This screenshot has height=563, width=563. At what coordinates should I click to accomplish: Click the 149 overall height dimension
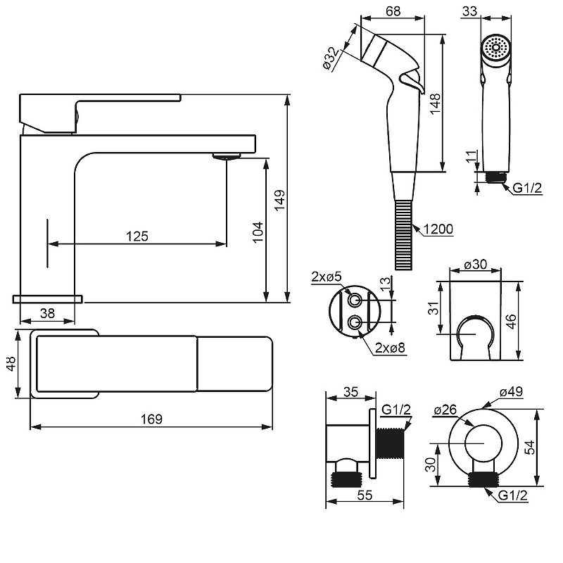pyautogui.click(x=279, y=201)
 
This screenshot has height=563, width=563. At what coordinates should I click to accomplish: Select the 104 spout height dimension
pyautogui.click(x=258, y=232)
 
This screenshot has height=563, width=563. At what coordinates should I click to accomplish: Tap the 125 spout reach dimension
pyautogui.click(x=137, y=236)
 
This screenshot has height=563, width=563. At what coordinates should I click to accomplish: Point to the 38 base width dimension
pyautogui.click(x=47, y=313)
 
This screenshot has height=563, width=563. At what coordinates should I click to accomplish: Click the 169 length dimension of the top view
pyautogui.click(x=151, y=419)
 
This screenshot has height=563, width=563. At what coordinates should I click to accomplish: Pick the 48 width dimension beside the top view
pyautogui.click(x=11, y=363)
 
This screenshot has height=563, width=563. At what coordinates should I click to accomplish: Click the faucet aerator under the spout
pyautogui.click(x=226, y=156)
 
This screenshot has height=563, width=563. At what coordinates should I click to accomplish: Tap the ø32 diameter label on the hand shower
pyautogui.click(x=331, y=58)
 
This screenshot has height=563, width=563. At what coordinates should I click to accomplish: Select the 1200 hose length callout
pyautogui.click(x=438, y=229)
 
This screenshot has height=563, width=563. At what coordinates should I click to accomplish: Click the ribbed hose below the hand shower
pyautogui.click(x=404, y=235)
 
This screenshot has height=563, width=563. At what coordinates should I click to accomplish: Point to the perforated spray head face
pyautogui.click(x=496, y=47)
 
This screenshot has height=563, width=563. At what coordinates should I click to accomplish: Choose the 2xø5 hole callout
pyautogui.click(x=327, y=277)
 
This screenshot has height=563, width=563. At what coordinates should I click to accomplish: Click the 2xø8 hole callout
pyautogui.click(x=390, y=348)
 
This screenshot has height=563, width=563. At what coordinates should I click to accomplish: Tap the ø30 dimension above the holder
pyautogui.click(x=476, y=265)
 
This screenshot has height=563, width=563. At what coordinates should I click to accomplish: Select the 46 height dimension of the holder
pyautogui.click(x=512, y=321)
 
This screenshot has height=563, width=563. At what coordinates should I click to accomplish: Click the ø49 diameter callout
pyautogui.click(x=512, y=391)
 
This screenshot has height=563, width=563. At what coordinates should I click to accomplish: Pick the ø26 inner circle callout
pyautogui.click(x=445, y=410)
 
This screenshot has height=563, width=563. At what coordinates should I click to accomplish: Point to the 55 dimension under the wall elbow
pyautogui.click(x=365, y=495)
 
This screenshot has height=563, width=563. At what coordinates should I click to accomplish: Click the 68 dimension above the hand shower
pyautogui.click(x=393, y=11)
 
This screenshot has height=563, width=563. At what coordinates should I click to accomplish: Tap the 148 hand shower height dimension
pyautogui.click(x=435, y=103)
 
